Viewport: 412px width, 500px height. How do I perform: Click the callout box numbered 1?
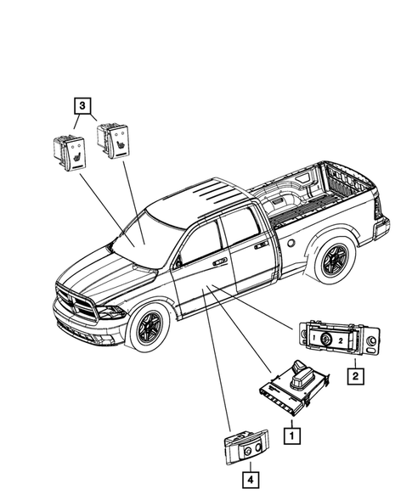[291, 435]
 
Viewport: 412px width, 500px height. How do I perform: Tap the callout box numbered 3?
[80, 106]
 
